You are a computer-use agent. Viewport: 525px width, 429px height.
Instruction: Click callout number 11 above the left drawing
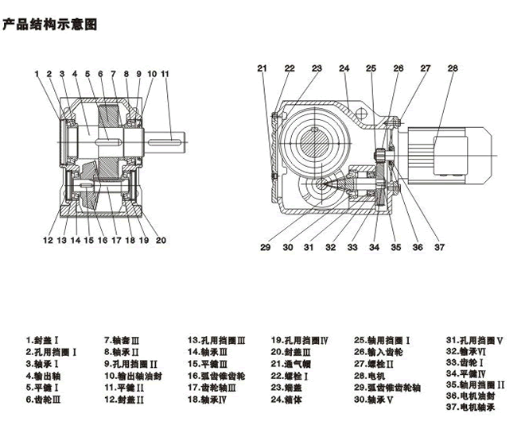tap(165, 74)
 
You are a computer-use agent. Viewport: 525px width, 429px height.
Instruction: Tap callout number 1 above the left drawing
tap(37, 74)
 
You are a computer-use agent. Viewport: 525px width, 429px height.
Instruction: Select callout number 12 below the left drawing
tap(48, 239)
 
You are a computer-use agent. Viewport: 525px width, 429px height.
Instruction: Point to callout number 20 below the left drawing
tap(161, 239)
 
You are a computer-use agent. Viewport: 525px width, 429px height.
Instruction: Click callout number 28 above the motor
tap(452, 68)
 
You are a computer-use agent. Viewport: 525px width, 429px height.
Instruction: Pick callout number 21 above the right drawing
tap(262, 68)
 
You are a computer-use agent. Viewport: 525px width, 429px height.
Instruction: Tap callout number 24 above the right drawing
tap(344, 68)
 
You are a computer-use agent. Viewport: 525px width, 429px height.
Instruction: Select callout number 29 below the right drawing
tap(265, 247)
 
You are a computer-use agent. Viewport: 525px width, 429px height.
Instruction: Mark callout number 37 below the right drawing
tap(439, 247)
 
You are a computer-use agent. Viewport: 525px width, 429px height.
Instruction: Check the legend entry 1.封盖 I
tap(45, 339)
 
